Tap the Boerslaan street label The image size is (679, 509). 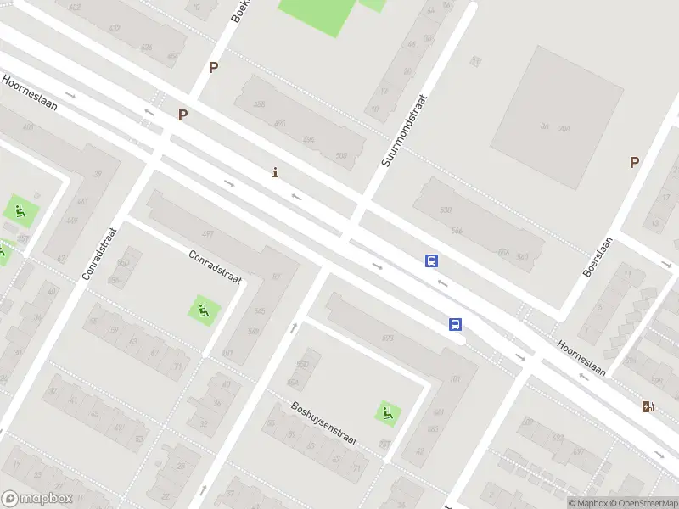(x=598, y=257)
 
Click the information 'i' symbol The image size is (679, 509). (x=274, y=173)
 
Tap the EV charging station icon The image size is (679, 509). (x=648, y=406)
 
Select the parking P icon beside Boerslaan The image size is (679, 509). (x=633, y=162)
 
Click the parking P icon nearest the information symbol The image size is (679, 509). (x=182, y=115)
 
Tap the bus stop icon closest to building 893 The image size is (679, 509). (x=456, y=324)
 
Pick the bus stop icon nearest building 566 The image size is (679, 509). (x=432, y=261)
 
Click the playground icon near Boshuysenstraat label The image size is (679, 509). (x=388, y=414)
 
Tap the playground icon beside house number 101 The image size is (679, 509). (x=203, y=310)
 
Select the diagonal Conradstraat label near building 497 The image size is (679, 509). (x=215, y=266)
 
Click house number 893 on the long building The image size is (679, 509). (x=388, y=338)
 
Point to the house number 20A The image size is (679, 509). (x=565, y=128)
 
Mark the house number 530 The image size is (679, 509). (x=446, y=210)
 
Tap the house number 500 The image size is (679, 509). (x=341, y=155)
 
